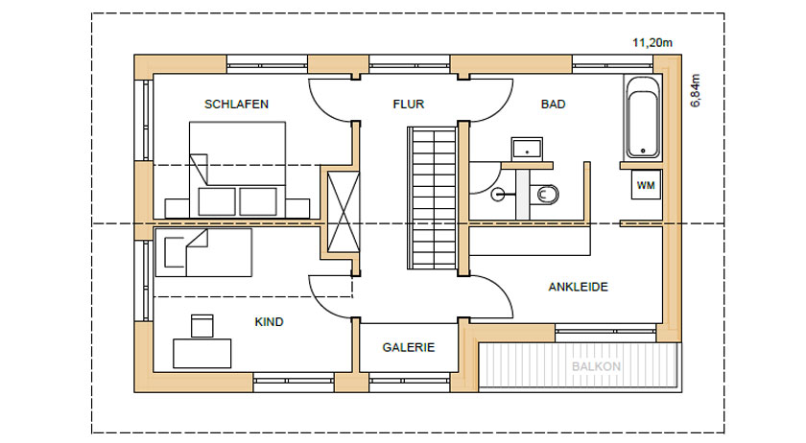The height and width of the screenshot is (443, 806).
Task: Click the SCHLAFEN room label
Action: pyautogui.click(x=236, y=105)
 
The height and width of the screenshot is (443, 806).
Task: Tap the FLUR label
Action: pyautogui.click(x=409, y=105)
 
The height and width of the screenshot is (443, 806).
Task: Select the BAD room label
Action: pyautogui.click(x=553, y=105)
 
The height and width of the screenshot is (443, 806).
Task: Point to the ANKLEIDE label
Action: pyautogui.click(x=579, y=287)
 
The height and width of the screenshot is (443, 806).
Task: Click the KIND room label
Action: pyautogui.click(x=269, y=322)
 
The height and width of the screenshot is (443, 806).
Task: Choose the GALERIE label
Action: pyautogui.click(x=409, y=347)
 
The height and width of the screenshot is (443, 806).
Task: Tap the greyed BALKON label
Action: pyautogui.click(x=596, y=367)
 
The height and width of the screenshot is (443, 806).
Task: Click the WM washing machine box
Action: pyautogui.click(x=646, y=185)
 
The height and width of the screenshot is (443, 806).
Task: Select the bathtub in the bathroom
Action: pyautogui.click(x=643, y=118)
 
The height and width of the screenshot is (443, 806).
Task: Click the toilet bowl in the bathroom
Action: pyautogui.click(x=546, y=195)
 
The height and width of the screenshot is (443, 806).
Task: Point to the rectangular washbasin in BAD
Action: pyautogui.click(x=527, y=149)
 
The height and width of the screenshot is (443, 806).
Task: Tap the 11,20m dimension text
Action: pyautogui.click(x=652, y=42)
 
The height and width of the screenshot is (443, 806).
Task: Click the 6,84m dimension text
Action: pyautogui.click(x=696, y=90)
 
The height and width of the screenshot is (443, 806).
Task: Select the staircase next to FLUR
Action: pyautogui.click(x=433, y=198)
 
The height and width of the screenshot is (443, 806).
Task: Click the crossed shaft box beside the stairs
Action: pyautogui.click(x=344, y=212)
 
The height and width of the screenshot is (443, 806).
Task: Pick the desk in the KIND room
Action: pyautogui.click(x=202, y=353)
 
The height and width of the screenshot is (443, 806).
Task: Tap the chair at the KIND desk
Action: pyautogui.click(x=202, y=326)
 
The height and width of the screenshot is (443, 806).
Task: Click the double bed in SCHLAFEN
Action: pyautogui.click(x=237, y=170)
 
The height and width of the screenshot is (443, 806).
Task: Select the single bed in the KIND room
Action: pyautogui.click(x=203, y=253)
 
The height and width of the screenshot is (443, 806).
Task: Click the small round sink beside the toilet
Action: pyautogui.click(x=498, y=195)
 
